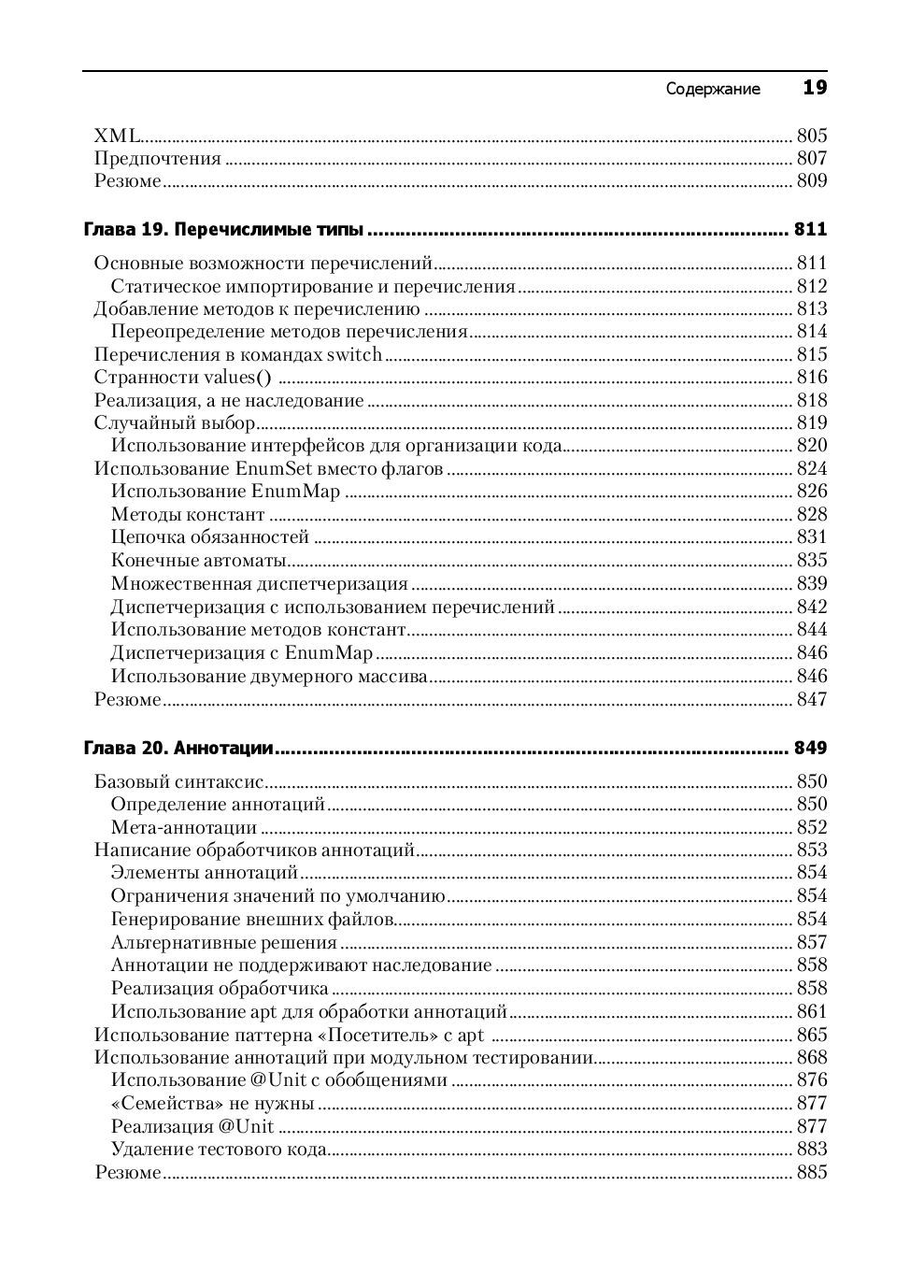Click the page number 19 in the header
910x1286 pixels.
(x=815, y=88)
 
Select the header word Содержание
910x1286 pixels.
(x=713, y=90)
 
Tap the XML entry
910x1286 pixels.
(x=117, y=136)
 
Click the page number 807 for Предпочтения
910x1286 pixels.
(x=811, y=159)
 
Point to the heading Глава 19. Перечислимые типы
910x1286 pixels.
(x=223, y=230)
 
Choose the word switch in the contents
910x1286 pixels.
(x=354, y=355)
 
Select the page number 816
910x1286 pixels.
(x=811, y=378)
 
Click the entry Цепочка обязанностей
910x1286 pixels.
(x=209, y=537)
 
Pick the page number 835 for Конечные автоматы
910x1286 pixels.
(x=811, y=561)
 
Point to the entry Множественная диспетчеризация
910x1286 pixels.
(x=259, y=584)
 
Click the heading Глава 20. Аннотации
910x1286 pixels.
(x=178, y=748)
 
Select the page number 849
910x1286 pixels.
(x=810, y=748)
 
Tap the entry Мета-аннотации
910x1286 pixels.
(x=183, y=828)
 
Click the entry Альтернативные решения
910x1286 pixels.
(x=223, y=943)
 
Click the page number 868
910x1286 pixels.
(x=811, y=1058)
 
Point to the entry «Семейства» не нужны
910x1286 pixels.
(x=212, y=1104)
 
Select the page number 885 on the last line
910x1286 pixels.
(x=811, y=1173)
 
